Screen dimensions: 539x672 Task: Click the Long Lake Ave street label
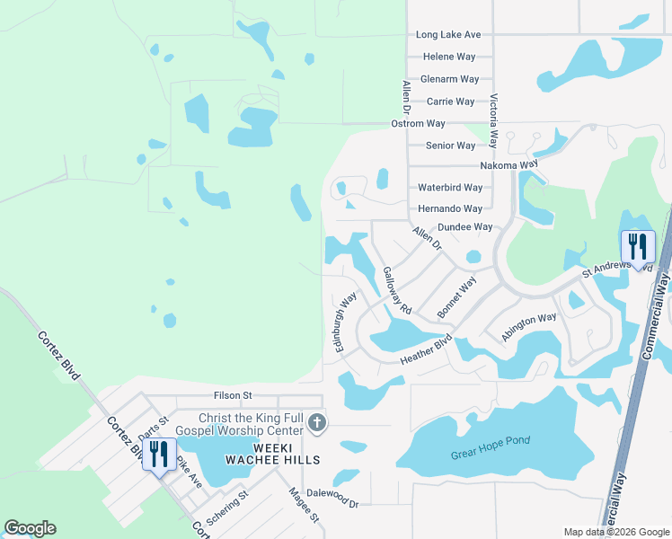tap(448, 35)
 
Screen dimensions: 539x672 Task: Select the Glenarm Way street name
tap(450, 79)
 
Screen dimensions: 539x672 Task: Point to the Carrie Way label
tap(451, 102)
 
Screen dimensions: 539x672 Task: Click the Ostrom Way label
tap(418, 123)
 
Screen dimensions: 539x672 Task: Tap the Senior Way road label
tap(450, 146)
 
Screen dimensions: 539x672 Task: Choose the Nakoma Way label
tap(508, 165)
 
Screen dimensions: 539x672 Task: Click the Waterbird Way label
tap(450, 188)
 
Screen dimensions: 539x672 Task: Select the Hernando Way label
tap(450, 208)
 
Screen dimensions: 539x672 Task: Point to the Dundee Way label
tap(464, 227)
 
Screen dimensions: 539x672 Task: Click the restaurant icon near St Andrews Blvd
tap(638, 246)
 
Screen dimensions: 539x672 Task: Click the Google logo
tap(31, 528)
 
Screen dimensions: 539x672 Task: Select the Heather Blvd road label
tap(425, 351)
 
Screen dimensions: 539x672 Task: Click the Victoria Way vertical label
tap(493, 122)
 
